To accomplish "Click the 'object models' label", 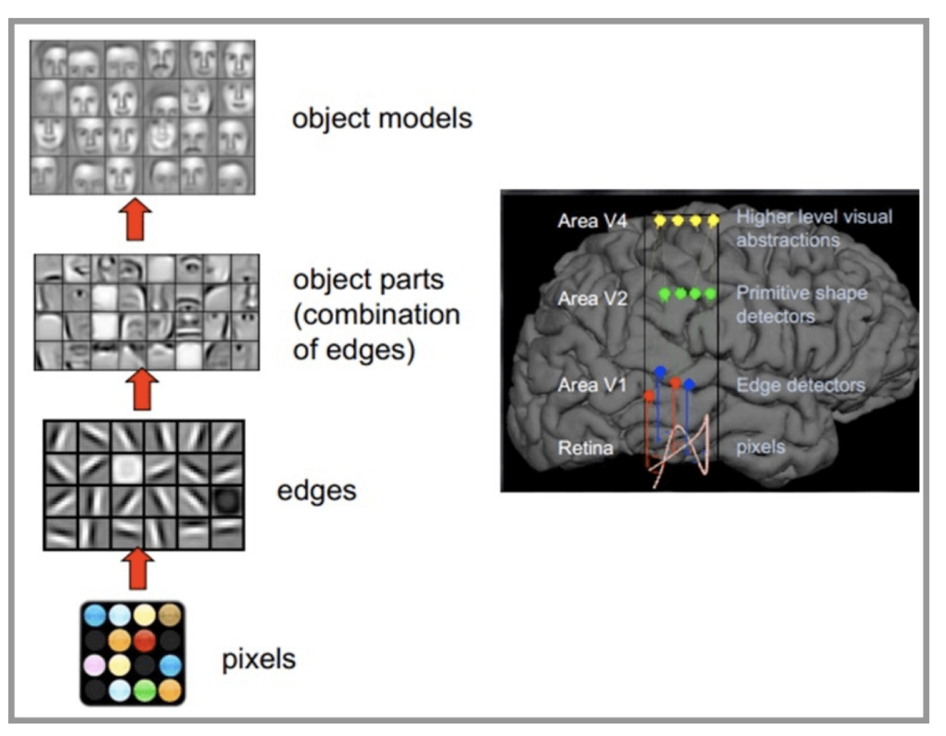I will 382,118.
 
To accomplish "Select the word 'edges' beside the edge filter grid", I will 316,491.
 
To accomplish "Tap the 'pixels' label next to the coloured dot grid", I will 259,659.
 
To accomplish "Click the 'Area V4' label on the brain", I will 592,221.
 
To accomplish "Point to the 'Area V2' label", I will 592,299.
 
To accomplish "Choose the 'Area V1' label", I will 592,385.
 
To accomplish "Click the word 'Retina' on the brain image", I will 585,448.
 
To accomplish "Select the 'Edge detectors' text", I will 800,385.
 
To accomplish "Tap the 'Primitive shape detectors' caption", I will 801,304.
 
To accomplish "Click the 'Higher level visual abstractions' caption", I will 814,228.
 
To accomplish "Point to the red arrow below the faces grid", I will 135,219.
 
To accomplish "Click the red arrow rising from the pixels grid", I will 138,569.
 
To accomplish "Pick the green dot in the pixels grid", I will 145,690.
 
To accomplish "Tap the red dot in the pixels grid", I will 145,640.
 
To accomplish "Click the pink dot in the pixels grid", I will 95,665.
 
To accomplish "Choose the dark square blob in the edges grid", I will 227,501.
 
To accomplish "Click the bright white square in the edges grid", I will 127,468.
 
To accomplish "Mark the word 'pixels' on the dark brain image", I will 760,447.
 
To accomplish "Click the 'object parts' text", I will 368,280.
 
